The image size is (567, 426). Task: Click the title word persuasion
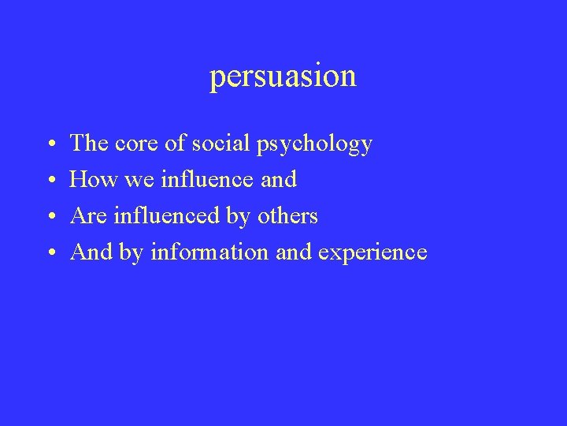283,77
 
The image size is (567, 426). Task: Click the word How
91,180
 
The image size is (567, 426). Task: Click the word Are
88,216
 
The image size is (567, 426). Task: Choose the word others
288,216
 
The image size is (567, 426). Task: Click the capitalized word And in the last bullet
91,252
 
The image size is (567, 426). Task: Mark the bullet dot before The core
50,145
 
